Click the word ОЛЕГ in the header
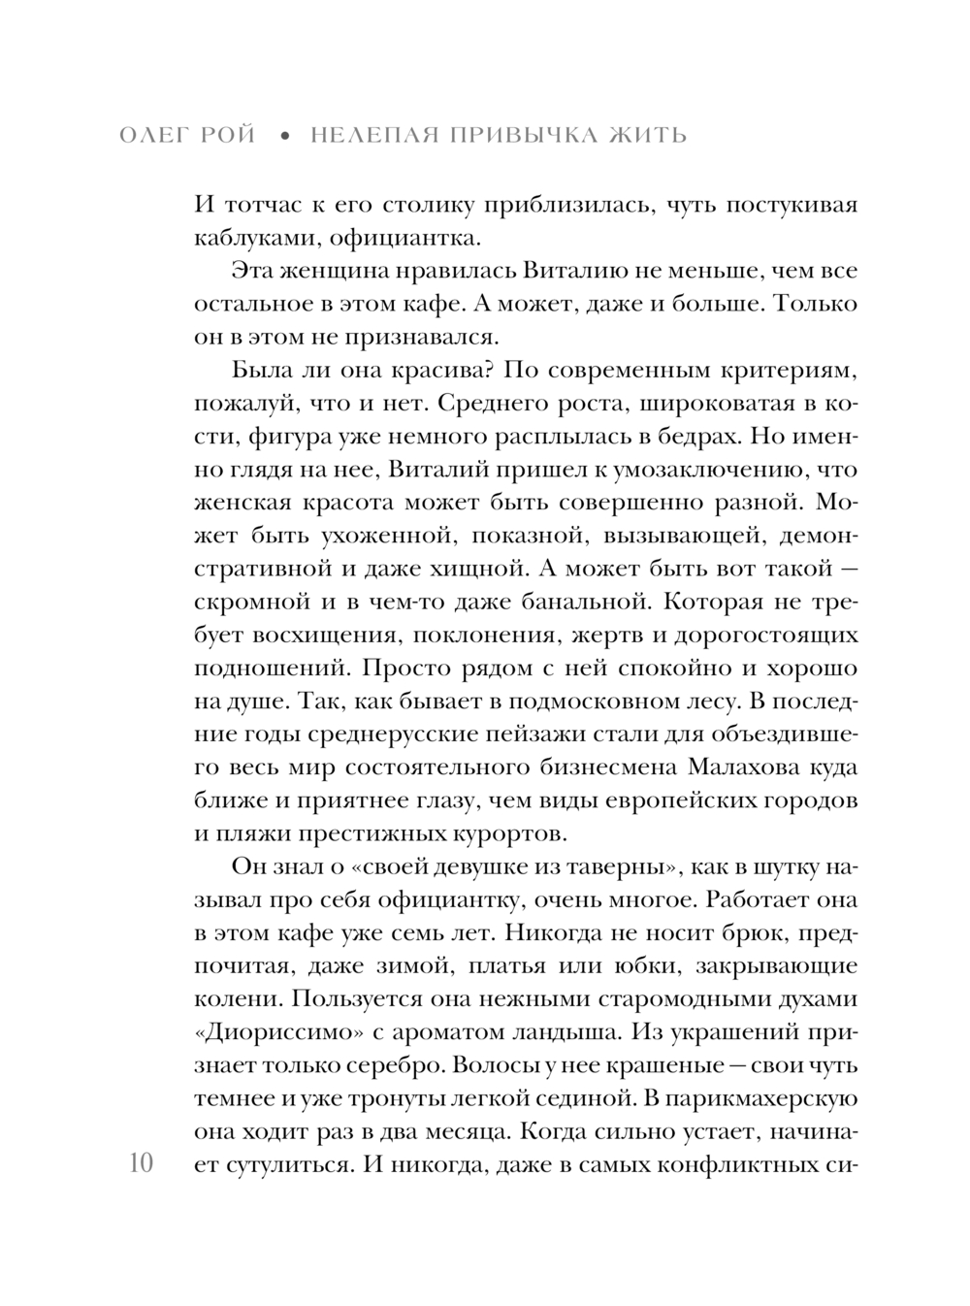coord(159,135)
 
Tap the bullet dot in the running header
coord(284,136)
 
